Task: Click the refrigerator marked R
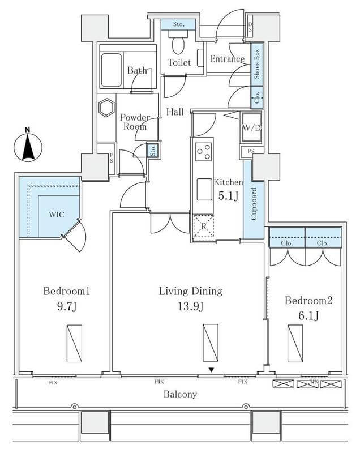pos(203,225)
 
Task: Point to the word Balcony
pos(180,394)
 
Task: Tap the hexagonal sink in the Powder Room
pos(106,108)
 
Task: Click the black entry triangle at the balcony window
pos(212,370)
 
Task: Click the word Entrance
pos(227,59)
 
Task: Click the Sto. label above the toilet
pos(178,24)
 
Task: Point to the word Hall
pos(174,112)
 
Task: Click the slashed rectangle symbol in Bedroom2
pos(295,343)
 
